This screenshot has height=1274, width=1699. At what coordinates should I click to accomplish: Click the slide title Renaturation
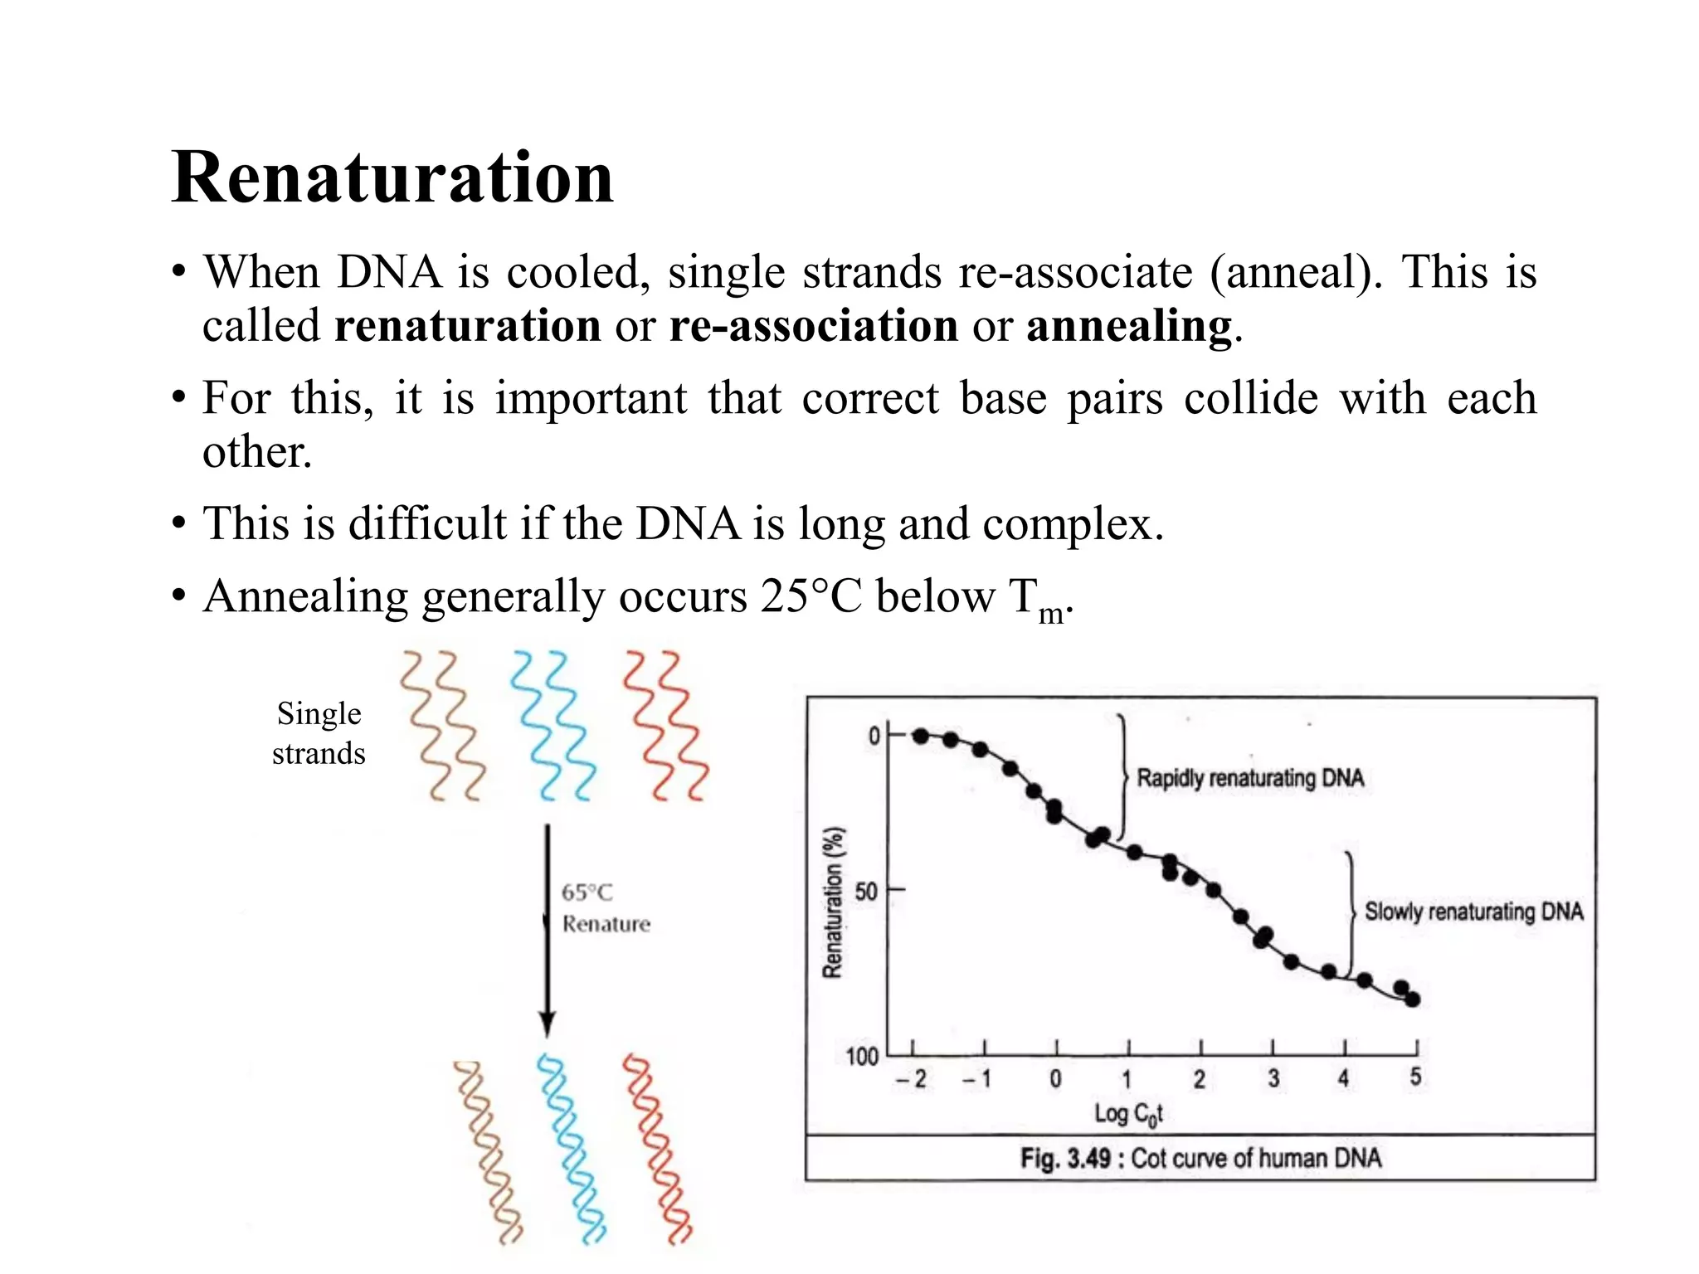(x=392, y=177)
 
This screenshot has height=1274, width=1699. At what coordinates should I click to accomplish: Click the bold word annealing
(x=1129, y=326)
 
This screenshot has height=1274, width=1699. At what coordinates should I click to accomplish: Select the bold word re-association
(x=813, y=326)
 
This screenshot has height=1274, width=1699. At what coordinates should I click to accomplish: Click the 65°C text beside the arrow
(x=587, y=893)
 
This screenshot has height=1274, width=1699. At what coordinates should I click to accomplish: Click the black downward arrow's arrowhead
(x=547, y=1024)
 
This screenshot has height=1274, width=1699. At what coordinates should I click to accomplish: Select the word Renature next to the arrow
(x=606, y=924)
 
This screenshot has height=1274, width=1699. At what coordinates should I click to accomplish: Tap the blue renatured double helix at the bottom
(x=572, y=1149)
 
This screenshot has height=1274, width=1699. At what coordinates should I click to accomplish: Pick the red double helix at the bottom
(x=657, y=1149)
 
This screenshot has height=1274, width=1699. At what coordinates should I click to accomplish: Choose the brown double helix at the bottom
(x=489, y=1153)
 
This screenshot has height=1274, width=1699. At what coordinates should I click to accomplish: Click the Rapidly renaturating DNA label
(x=1249, y=779)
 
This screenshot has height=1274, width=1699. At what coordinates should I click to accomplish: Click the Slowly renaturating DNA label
(x=1473, y=912)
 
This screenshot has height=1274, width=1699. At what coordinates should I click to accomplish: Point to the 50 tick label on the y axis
(x=865, y=892)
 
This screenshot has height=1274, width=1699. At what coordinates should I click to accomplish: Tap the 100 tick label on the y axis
(x=861, y=1057)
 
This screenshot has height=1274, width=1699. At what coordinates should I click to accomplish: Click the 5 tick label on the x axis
(x=1415, y=1077)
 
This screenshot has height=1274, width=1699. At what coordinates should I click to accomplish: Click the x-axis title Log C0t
(x=1128, y=1114)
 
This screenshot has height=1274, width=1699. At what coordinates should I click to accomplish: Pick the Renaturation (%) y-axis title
(x=833, y=902)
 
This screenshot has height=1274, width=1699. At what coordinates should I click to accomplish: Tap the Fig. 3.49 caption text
(x=1200, y=1158)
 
